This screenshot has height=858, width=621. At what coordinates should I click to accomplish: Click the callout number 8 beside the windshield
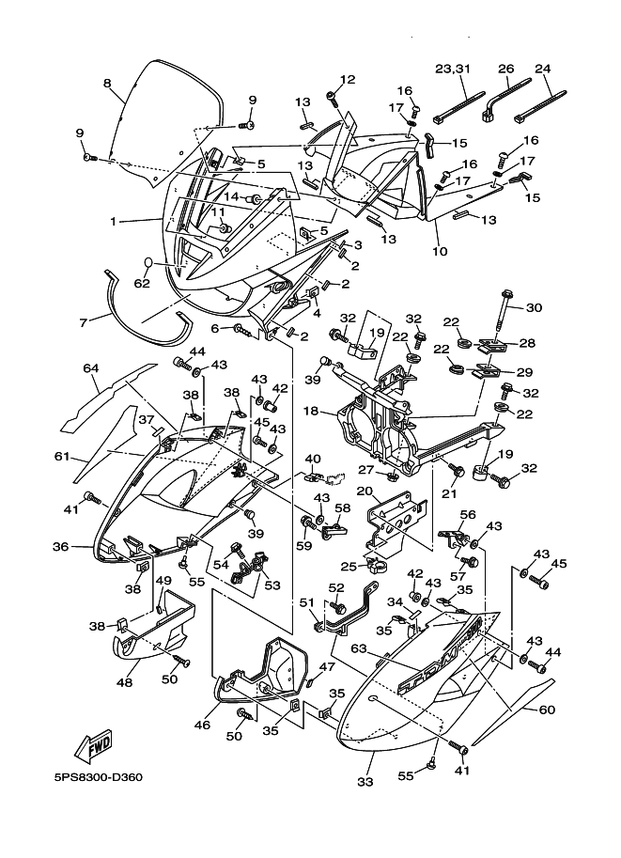click(107, 84)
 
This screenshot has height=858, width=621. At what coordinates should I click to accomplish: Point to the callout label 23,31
click(452, 69)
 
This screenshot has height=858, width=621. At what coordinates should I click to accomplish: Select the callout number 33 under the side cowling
click(365, 781)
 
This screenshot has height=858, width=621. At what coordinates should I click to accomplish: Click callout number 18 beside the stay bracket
click(311, 412)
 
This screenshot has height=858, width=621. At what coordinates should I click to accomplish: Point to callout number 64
click(90, 369)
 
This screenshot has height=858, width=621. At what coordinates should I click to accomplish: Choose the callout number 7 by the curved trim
click(84, 321)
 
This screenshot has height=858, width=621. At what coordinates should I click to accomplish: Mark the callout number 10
click(438, 251)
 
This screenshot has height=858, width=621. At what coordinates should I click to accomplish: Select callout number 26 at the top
click(505, 69)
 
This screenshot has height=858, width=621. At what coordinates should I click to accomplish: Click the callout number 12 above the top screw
click(348, 80)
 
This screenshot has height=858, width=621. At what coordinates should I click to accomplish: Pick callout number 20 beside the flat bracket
click(363, 491)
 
